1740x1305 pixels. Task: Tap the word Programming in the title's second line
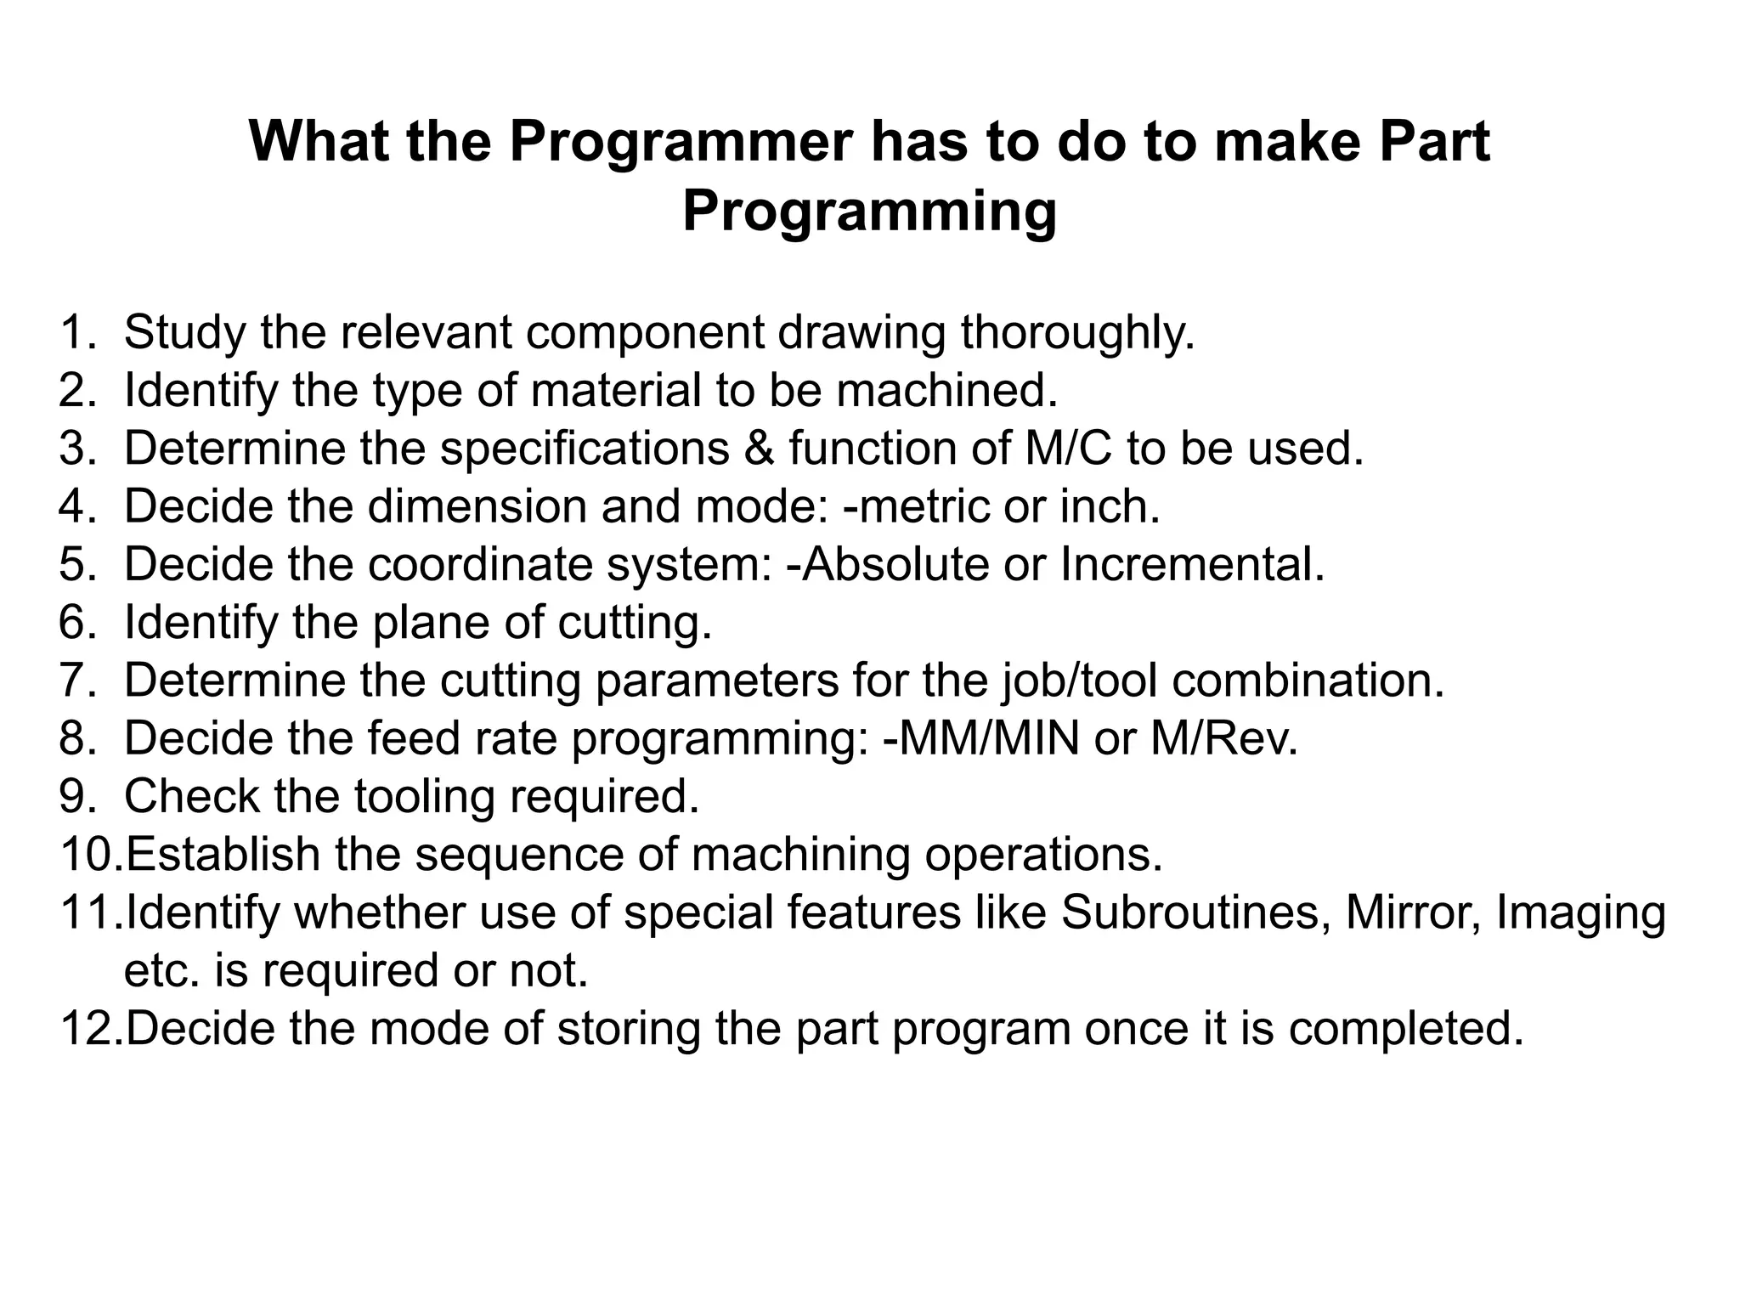coord(869,212)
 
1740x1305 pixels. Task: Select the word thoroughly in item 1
coord(1076,332)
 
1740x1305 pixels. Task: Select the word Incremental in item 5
coord(1191,564)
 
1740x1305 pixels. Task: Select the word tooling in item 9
coord(424,797)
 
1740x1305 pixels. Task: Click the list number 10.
coord(90,855)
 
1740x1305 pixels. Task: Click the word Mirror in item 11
coord(1411,912)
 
